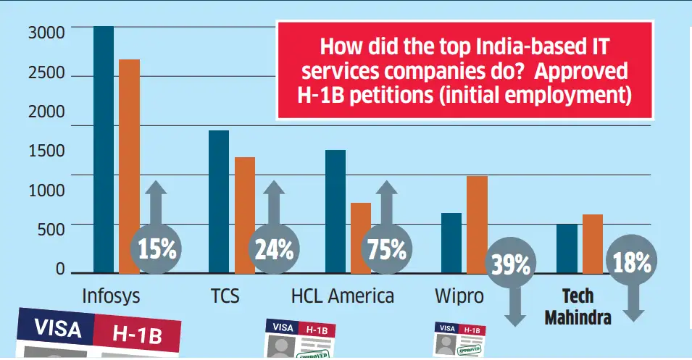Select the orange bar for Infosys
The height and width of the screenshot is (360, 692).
point(129,167)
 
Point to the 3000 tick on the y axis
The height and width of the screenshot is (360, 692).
point(47,33)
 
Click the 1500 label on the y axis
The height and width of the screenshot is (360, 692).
point(47,151)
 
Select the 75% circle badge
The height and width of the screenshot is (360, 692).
point(386,250)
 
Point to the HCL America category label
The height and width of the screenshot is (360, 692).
point(343,296)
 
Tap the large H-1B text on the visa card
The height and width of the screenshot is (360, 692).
point(139,334)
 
